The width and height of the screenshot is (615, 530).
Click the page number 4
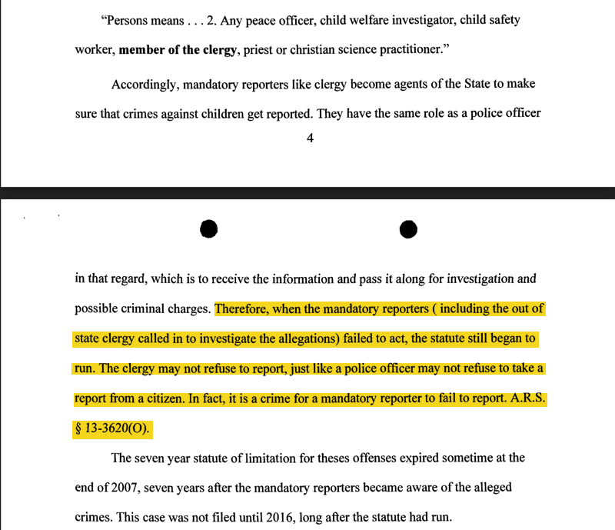tap(310, 139)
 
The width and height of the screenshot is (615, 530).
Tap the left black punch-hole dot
tap(208, 228)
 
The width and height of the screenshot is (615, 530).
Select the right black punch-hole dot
tap(408, 228)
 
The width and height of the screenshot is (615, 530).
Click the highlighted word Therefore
tap(243, 308)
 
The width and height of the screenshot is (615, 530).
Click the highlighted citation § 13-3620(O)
tap(113, 428)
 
